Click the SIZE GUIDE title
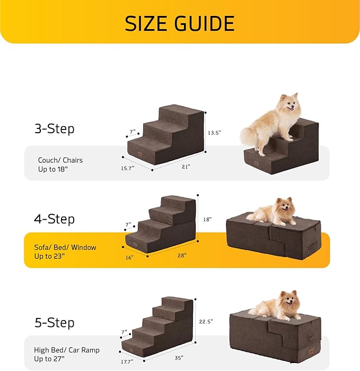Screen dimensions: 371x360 pyautogui.click(x=180, y=23)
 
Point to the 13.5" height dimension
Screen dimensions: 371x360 pyautogui.click(x=214, y=132)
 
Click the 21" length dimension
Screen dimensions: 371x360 pyautogui.click(x=186, y=167)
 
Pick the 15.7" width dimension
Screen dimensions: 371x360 pyautogui.click(x=127, y=168)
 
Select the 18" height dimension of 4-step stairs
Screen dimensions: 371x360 pyautogui.click(x=207, y=219)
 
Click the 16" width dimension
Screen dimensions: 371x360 pyautogui.click(x=129, y=257)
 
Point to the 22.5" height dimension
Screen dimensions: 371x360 pyautogui.click(x=206, y=321)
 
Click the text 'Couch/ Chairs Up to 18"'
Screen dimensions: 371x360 pyautogui.click(x=60, y=165)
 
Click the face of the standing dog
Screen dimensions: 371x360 pyautogui.click(x=289, y=103)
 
